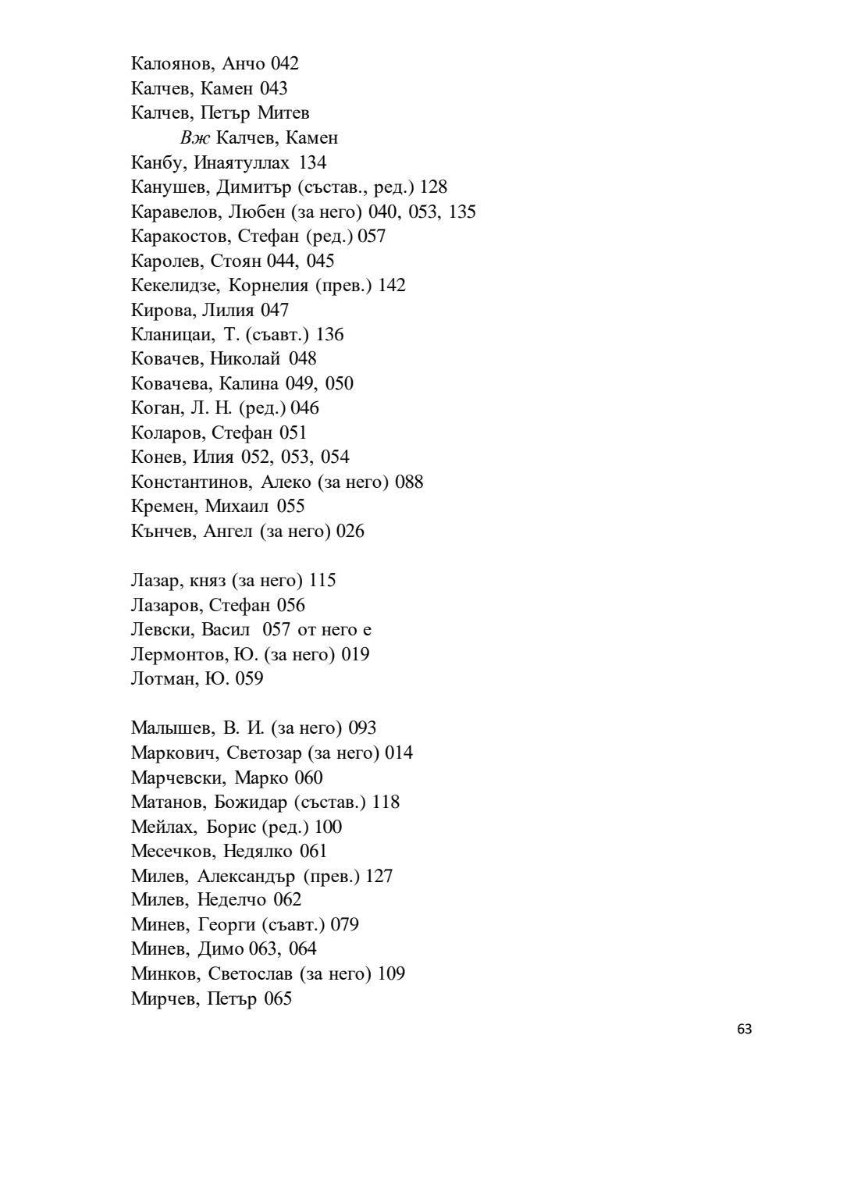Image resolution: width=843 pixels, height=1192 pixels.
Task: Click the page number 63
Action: tap(744, 1030)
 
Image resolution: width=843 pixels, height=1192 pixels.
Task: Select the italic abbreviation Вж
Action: tap(195, 138)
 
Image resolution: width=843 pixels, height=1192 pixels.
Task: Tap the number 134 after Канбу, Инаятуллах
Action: tap(312, 162)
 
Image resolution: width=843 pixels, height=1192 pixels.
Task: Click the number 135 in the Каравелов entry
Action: tap(462, 212)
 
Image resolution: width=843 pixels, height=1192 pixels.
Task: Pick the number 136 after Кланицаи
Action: tap(329, 334)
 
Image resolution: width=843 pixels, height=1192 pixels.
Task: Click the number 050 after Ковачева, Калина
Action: tap(339, 383)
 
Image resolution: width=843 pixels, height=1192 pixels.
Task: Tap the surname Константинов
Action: tap(190, 482)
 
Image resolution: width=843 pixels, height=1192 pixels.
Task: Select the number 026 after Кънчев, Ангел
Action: tap(350, 531)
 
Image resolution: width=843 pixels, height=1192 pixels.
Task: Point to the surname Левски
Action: tap(162, 629)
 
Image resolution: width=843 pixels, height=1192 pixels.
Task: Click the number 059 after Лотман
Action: tap(249, 678)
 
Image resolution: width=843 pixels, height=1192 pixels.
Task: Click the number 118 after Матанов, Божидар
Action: tap(386, 802)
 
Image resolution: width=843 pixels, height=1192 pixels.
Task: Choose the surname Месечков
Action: tap(173, 851)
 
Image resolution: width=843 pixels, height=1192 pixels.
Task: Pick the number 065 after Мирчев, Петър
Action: tap(278, 998)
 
